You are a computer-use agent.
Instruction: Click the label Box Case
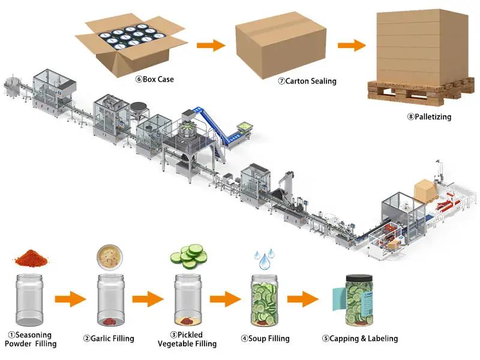click(x=154, y=79)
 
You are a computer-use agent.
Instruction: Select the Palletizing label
click(x=428, y=116)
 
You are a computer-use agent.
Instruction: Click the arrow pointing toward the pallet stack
click(x=352, y=45)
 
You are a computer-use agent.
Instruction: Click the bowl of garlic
click(x=110, y=257)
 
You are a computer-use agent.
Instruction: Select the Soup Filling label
click(x=265, y=338)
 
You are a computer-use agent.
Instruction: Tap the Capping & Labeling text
click(x=359, y=338)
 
